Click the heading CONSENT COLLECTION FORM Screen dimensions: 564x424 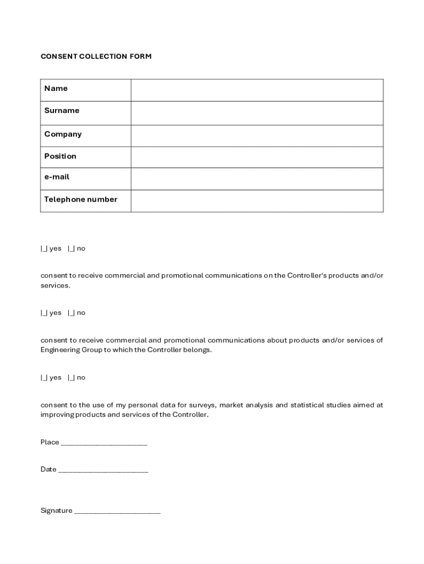96,57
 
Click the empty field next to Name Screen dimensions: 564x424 257,90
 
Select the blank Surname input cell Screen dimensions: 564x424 257,113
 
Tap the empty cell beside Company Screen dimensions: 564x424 257,135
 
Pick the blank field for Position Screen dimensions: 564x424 257,157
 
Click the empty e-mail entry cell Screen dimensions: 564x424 257,178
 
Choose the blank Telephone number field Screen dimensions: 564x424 257,201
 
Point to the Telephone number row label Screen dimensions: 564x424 81,199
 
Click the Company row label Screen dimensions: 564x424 63,134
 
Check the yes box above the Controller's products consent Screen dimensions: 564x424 44,249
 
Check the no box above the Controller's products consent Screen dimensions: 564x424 72,249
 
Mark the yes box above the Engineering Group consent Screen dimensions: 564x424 44,313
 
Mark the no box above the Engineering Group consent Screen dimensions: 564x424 72,313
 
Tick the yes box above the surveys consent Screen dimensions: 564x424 44,378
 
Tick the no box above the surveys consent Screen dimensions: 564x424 72,378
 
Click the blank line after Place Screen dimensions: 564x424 104,443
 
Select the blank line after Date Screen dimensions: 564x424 103,470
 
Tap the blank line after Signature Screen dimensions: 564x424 117,511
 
